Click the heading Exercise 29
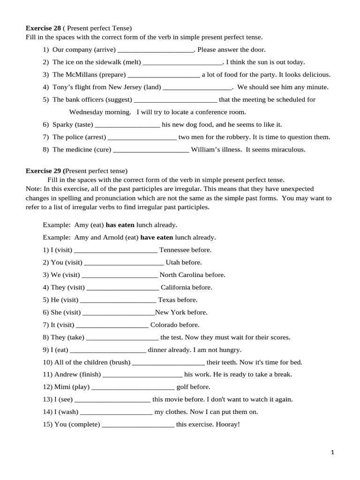45,171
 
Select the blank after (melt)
182,62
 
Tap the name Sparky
63,125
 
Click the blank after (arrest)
142,137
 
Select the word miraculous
286,150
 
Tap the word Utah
173,262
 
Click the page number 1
332,452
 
